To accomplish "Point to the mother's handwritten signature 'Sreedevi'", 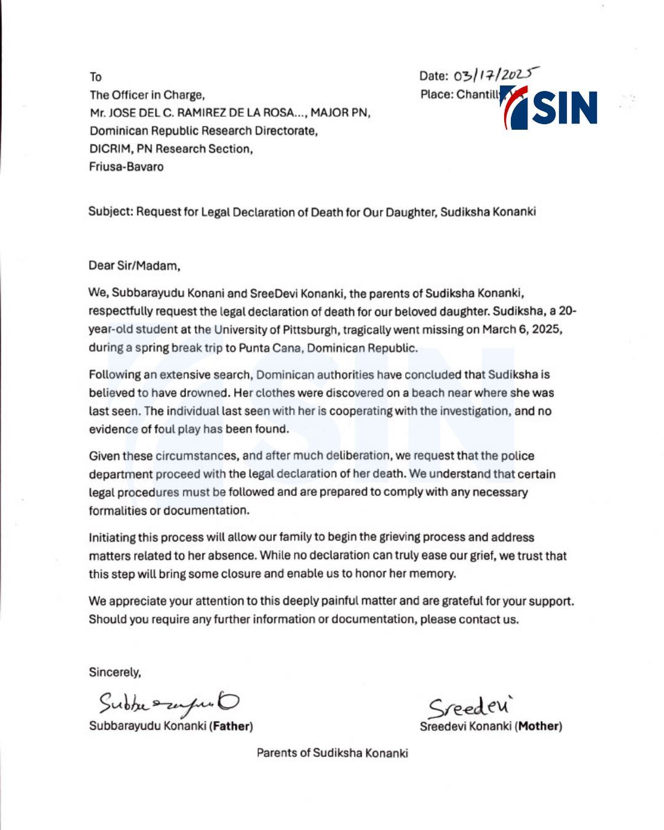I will pyautogui.click(x=470, y=706).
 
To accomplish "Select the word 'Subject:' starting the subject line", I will pyautogui.click(x=111, y=212).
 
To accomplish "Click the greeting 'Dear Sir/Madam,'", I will pyautogui.click(x=135, y=266).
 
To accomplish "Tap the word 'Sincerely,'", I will pyautogui.click(x=115, y=672).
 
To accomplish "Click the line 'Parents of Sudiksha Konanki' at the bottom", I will pyautogui.click(x=332, y=753).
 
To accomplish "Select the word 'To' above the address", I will pyautogui.click(x=95, y=77).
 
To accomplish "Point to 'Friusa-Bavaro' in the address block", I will pyautogui.click(x=126, y=167).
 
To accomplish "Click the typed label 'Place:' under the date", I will pyautogui.click(x=437, y=95).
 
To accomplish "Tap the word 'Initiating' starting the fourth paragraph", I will pyautogui.click(x=112, y=537).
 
